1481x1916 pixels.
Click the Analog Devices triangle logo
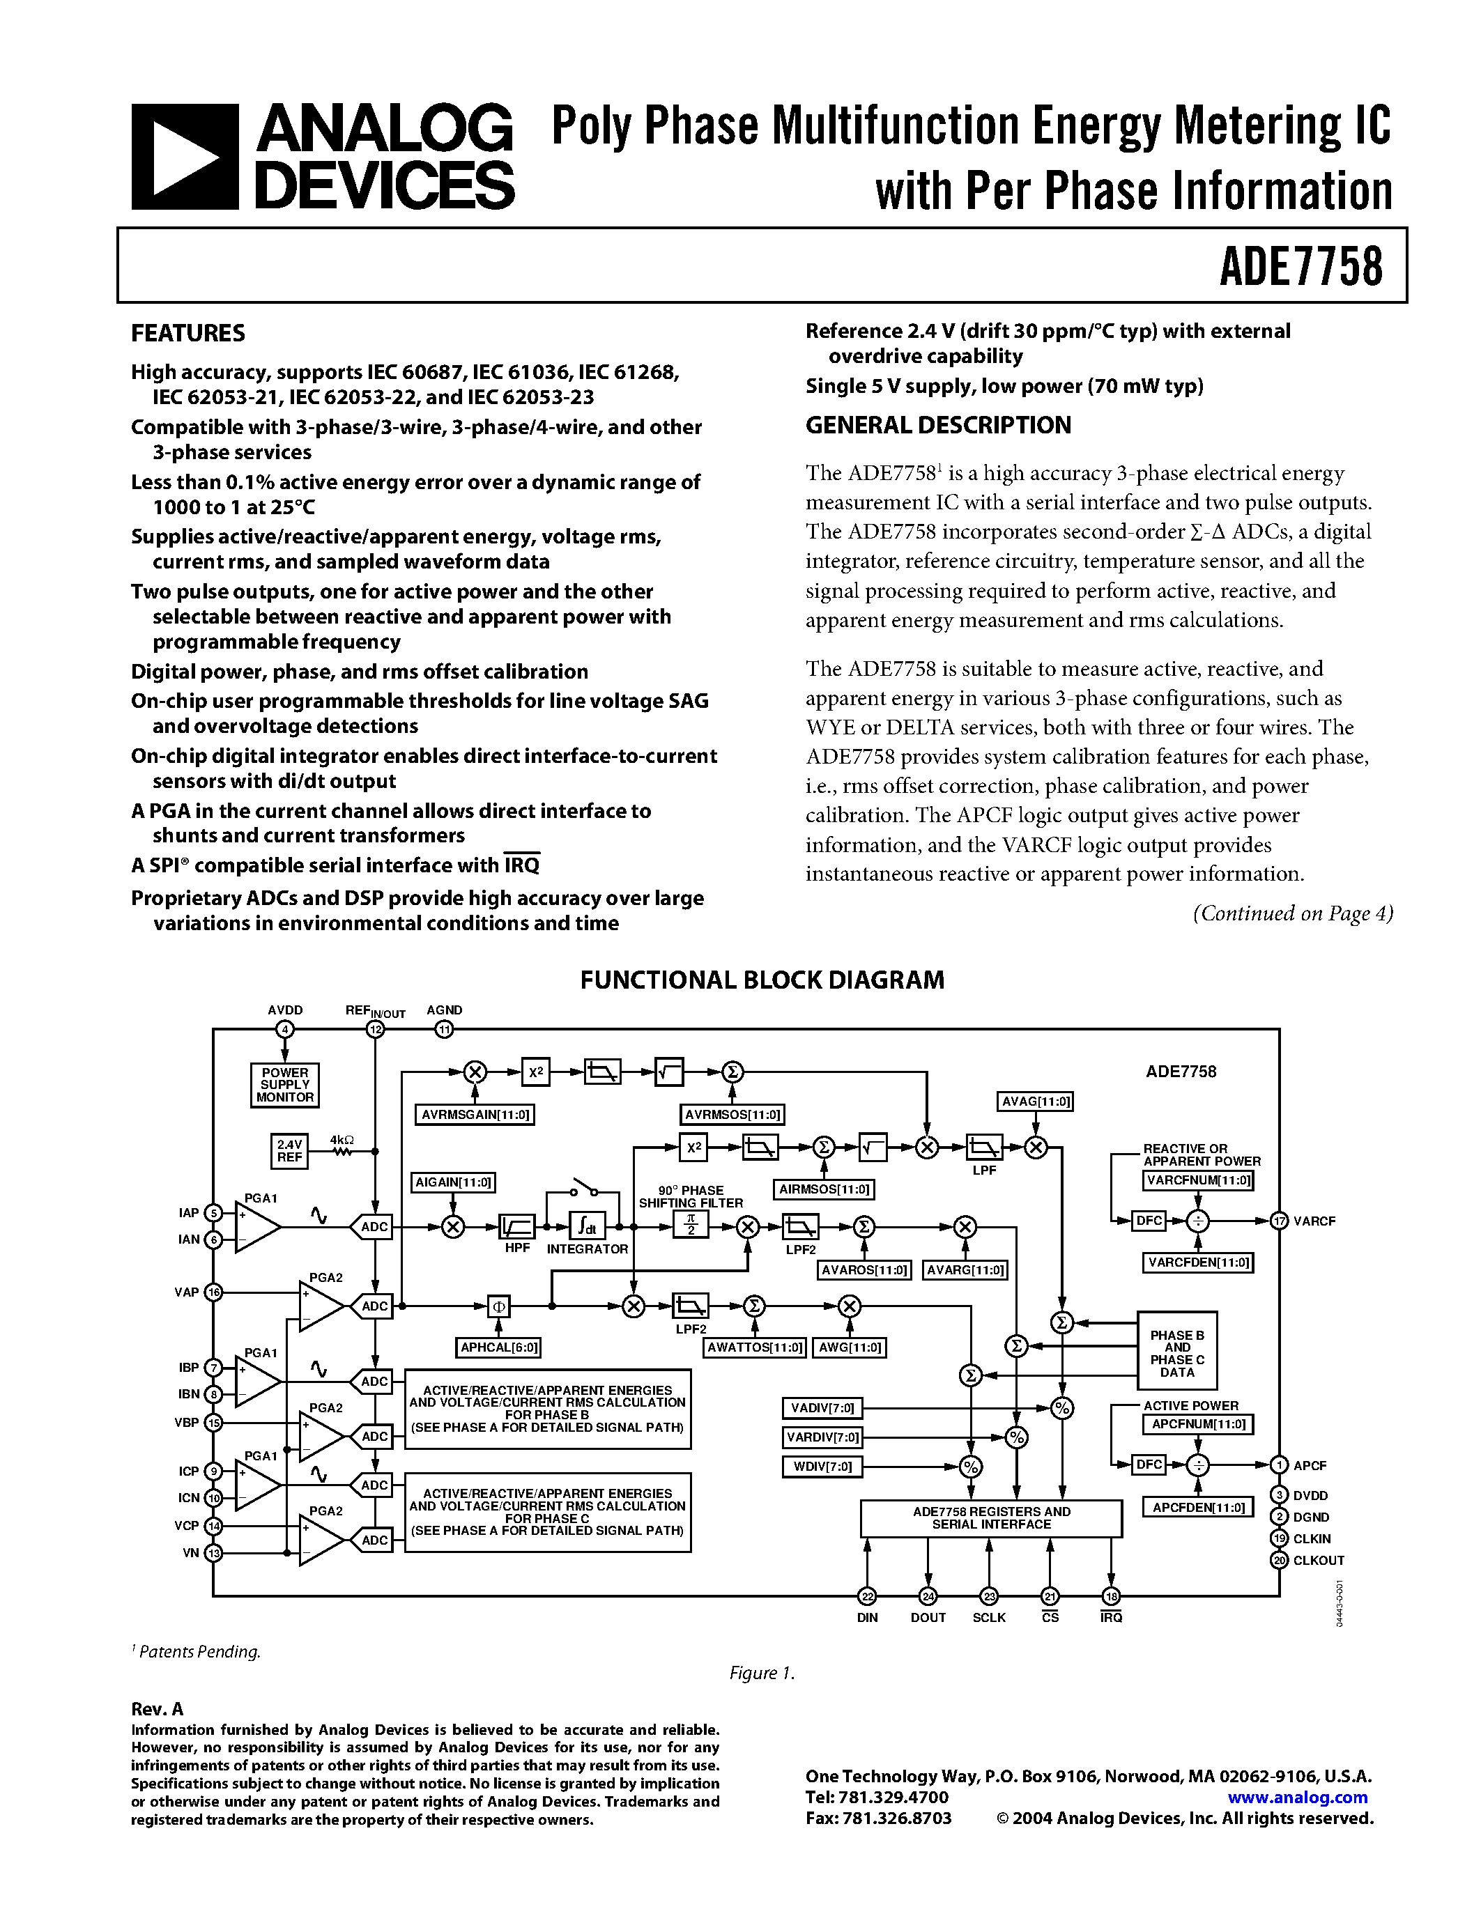coord(184,156)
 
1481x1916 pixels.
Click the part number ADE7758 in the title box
coord(1300,266)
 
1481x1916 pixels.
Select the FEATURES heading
coord(187,333)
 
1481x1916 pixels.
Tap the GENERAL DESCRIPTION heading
coord(938,426)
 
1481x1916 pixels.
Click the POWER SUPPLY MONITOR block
coord(284,1086)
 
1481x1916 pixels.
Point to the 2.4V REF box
coord(289,1151)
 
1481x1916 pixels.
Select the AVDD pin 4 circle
coord(284,1030)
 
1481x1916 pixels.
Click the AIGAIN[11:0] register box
coord(453,1182)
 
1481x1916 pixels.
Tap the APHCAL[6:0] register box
coord(499,1347)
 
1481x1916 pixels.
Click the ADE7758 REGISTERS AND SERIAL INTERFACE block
coord(990,1517)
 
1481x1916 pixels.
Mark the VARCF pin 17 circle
coord(1279,1221)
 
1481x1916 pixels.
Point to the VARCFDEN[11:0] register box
coord(1197,1262)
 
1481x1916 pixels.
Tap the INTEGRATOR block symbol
coord(586,1226)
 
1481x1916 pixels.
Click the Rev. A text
coord(157,1709)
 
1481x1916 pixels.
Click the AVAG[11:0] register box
coord(1035,1101)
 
